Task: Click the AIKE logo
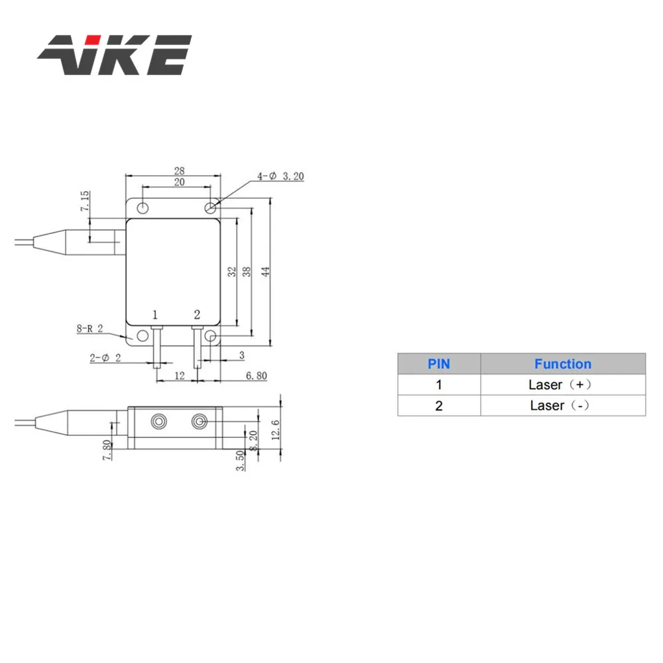114,56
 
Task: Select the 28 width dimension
179,170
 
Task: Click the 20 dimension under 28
179,182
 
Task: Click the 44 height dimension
266,272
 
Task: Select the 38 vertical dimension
247,272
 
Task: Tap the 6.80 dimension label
256,375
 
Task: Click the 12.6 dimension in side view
275,430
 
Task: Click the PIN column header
438,364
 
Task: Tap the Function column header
562,364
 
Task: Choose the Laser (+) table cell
562,385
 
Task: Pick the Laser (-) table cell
562,405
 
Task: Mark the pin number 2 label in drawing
196,313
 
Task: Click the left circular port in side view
159,422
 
